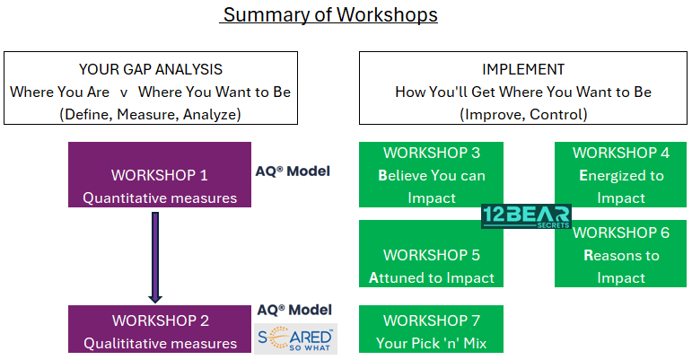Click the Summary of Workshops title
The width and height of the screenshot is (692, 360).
click(330, 14)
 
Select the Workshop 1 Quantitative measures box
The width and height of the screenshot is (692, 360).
click(160, 174)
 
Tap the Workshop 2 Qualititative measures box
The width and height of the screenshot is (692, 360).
click(160, 329)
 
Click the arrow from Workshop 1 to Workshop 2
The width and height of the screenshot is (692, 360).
click(155, 258)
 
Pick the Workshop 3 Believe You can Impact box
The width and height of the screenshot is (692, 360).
click(431, 174)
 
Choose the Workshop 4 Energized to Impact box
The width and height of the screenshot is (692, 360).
click(620, 174)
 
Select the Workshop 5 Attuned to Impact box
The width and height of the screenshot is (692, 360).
click(431, 254)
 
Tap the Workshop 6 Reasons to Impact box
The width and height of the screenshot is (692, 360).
click(620, 254)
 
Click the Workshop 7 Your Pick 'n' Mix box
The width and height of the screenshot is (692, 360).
click(431, 329)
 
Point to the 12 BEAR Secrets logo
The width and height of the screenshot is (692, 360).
click(526, 216)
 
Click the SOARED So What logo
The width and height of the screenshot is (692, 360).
click(295, 338)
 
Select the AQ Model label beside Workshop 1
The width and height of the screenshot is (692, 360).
click(293, 171)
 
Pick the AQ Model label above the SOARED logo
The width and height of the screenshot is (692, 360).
click(294, 310)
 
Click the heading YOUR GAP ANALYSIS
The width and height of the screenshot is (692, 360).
click(151, 69)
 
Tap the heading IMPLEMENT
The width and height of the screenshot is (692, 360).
click(523, 69)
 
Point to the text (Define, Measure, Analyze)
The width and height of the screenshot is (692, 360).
click(150, 114)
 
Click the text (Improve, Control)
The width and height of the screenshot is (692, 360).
click(523, 114)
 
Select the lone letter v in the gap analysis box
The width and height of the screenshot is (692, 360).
click(124, 92)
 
